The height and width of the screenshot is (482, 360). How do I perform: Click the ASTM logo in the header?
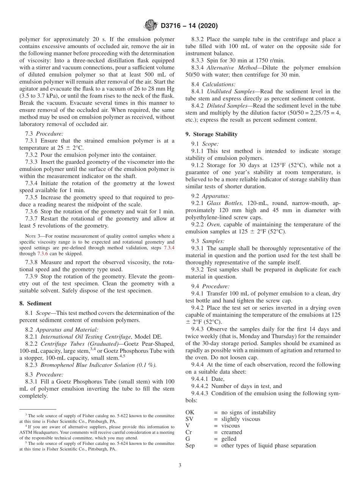(152, 26)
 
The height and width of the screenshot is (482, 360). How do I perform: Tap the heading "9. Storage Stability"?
(211, 134)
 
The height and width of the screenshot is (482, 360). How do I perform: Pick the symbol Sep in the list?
(190, 445)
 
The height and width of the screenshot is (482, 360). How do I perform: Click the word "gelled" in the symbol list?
(229, 439)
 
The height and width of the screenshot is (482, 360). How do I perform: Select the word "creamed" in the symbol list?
(232, 432)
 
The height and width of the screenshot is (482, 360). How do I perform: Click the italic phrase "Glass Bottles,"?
(225, 203)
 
